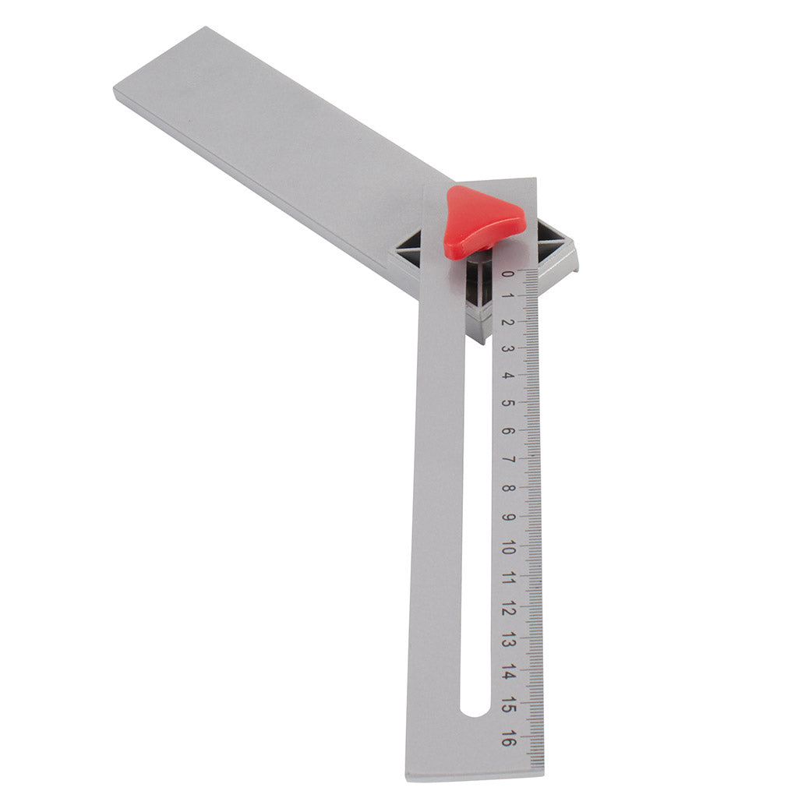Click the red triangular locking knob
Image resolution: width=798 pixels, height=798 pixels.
pyautogui.click(x=480, y=221)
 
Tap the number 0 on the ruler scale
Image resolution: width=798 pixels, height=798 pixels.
pyautogui.click(x=507, y=274)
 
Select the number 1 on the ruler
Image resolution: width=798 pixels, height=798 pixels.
pyautogui.click(x=507, y=296)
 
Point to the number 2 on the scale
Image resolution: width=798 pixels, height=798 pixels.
pyautogui.click(x=507, y=322)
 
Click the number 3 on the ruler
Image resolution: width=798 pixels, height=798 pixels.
pyautogui.click(x=507, y=348)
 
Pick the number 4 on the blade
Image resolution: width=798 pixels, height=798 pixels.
pyautogui.click(x=507, y=376)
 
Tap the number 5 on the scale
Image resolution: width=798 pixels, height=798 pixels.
pyautogui.click(x=507, y=403)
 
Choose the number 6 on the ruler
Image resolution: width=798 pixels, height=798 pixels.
pyautogui.click(x=507, y=430)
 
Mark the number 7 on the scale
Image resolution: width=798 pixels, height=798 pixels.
pyautogui.click(x=507, y=459)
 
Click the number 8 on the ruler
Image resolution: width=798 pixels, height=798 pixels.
pyautogui.click(x=507, y=488)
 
